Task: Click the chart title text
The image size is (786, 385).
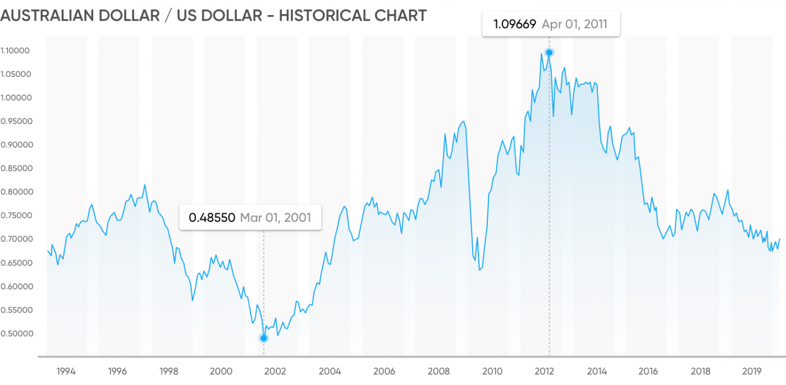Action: click(x=213, y=15)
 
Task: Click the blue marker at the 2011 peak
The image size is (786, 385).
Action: click(x=549, y=53)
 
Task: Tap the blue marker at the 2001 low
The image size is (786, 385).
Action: click(x=264, y=338)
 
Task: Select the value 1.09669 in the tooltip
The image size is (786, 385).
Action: click(x=514, y=24)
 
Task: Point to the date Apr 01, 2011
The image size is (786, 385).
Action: click(x=574, y=24)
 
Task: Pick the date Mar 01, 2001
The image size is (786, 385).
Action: click(x=275, y=218)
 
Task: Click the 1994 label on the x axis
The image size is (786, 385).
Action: click(x=66, y=371)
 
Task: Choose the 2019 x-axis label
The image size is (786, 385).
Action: click(x=752, y=371)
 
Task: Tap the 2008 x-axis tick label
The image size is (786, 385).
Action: click(x=438, y=371)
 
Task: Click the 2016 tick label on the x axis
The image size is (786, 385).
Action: click(x=648, y=371)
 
